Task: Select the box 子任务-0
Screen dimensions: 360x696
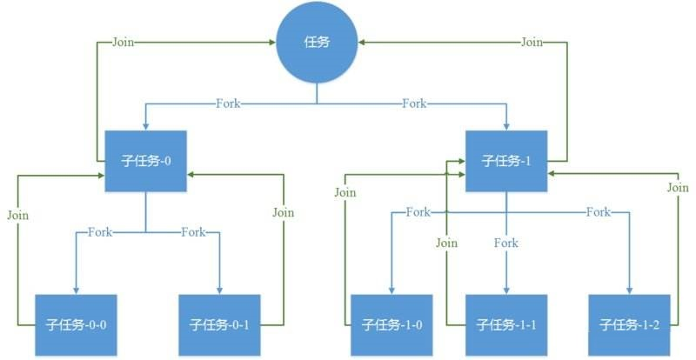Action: pos(146,161)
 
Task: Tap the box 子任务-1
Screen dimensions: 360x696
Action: pos(506,161)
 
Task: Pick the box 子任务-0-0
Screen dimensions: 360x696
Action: pos(76,324)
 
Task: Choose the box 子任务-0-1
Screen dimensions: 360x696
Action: pos(218,324)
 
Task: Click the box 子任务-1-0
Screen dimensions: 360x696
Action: pos(391,324)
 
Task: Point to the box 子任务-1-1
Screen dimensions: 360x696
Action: pos(506,324)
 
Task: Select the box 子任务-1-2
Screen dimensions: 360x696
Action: pos(629,324)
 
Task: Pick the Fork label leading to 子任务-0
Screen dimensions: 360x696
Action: pos(229,104)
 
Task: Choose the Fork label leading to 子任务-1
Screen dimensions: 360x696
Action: pos(414,104)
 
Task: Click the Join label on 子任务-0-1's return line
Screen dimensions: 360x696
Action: pos(283,212)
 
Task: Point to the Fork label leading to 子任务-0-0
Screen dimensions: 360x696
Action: pos(100,232)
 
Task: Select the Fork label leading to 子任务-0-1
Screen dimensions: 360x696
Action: pos(193,232)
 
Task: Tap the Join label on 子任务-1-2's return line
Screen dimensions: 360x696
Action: pos(678,188)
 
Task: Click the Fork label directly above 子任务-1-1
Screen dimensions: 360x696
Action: pos(506,243)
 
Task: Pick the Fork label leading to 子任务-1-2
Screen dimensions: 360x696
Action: pos(598,212)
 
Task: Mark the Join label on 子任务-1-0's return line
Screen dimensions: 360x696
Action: pos(345,192)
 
